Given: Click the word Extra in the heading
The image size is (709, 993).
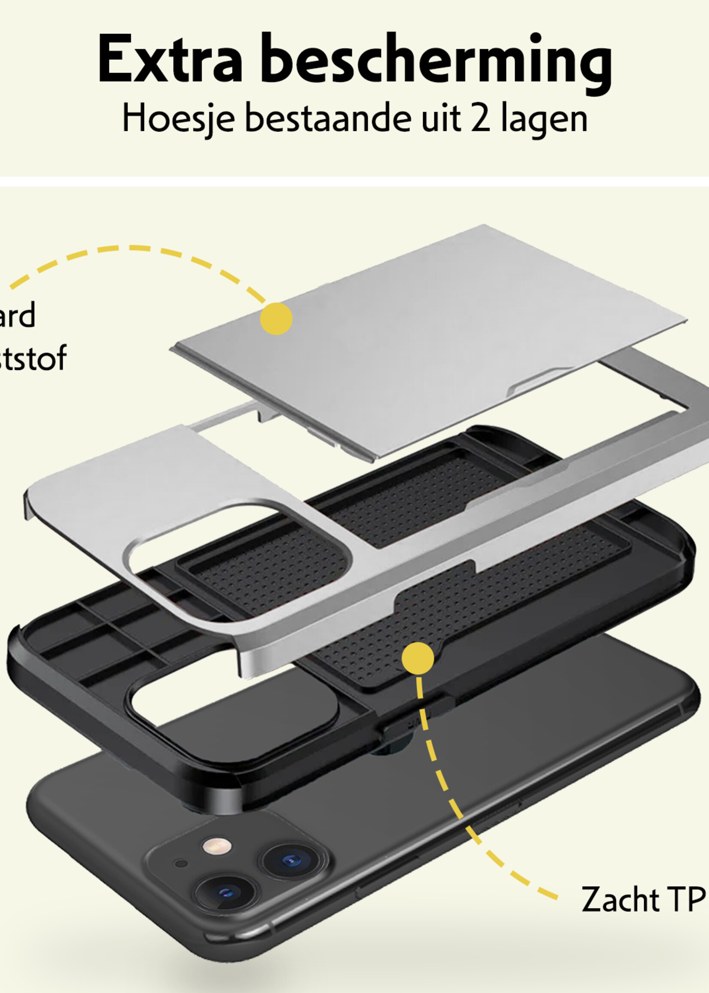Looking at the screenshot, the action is [x=170, y=59].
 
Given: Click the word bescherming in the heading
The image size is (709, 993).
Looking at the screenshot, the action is [x=436, y=61].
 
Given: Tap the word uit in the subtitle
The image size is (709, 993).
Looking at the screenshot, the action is [x=441, y=118].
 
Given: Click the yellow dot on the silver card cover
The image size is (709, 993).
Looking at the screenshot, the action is [x=276, y=319].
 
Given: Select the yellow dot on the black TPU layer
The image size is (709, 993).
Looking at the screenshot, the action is [x=418, y=658].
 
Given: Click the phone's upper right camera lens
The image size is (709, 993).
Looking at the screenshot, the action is [x=291, y=861].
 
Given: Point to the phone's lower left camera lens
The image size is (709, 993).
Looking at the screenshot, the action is [x=226, y=892].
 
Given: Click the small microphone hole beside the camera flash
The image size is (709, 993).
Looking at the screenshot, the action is [x=181, y=863].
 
